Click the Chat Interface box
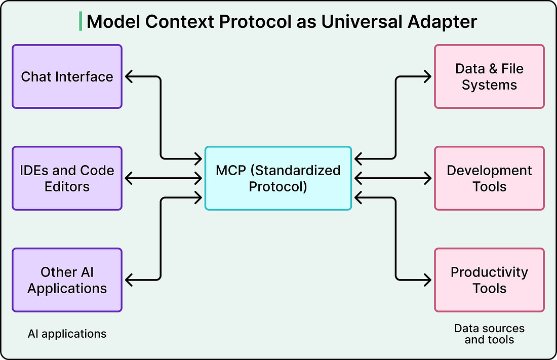67,76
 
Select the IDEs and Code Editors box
67,178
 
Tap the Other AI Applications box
67,280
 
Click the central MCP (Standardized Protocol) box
278,178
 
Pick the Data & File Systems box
490,76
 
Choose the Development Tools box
490,178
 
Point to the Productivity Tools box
490,280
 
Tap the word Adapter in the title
442,23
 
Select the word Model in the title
113,22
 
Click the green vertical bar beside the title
81,21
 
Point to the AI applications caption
67,334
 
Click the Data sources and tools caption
490,334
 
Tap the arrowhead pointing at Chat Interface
129,76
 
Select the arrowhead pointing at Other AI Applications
129,280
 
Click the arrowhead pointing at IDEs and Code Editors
129,178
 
